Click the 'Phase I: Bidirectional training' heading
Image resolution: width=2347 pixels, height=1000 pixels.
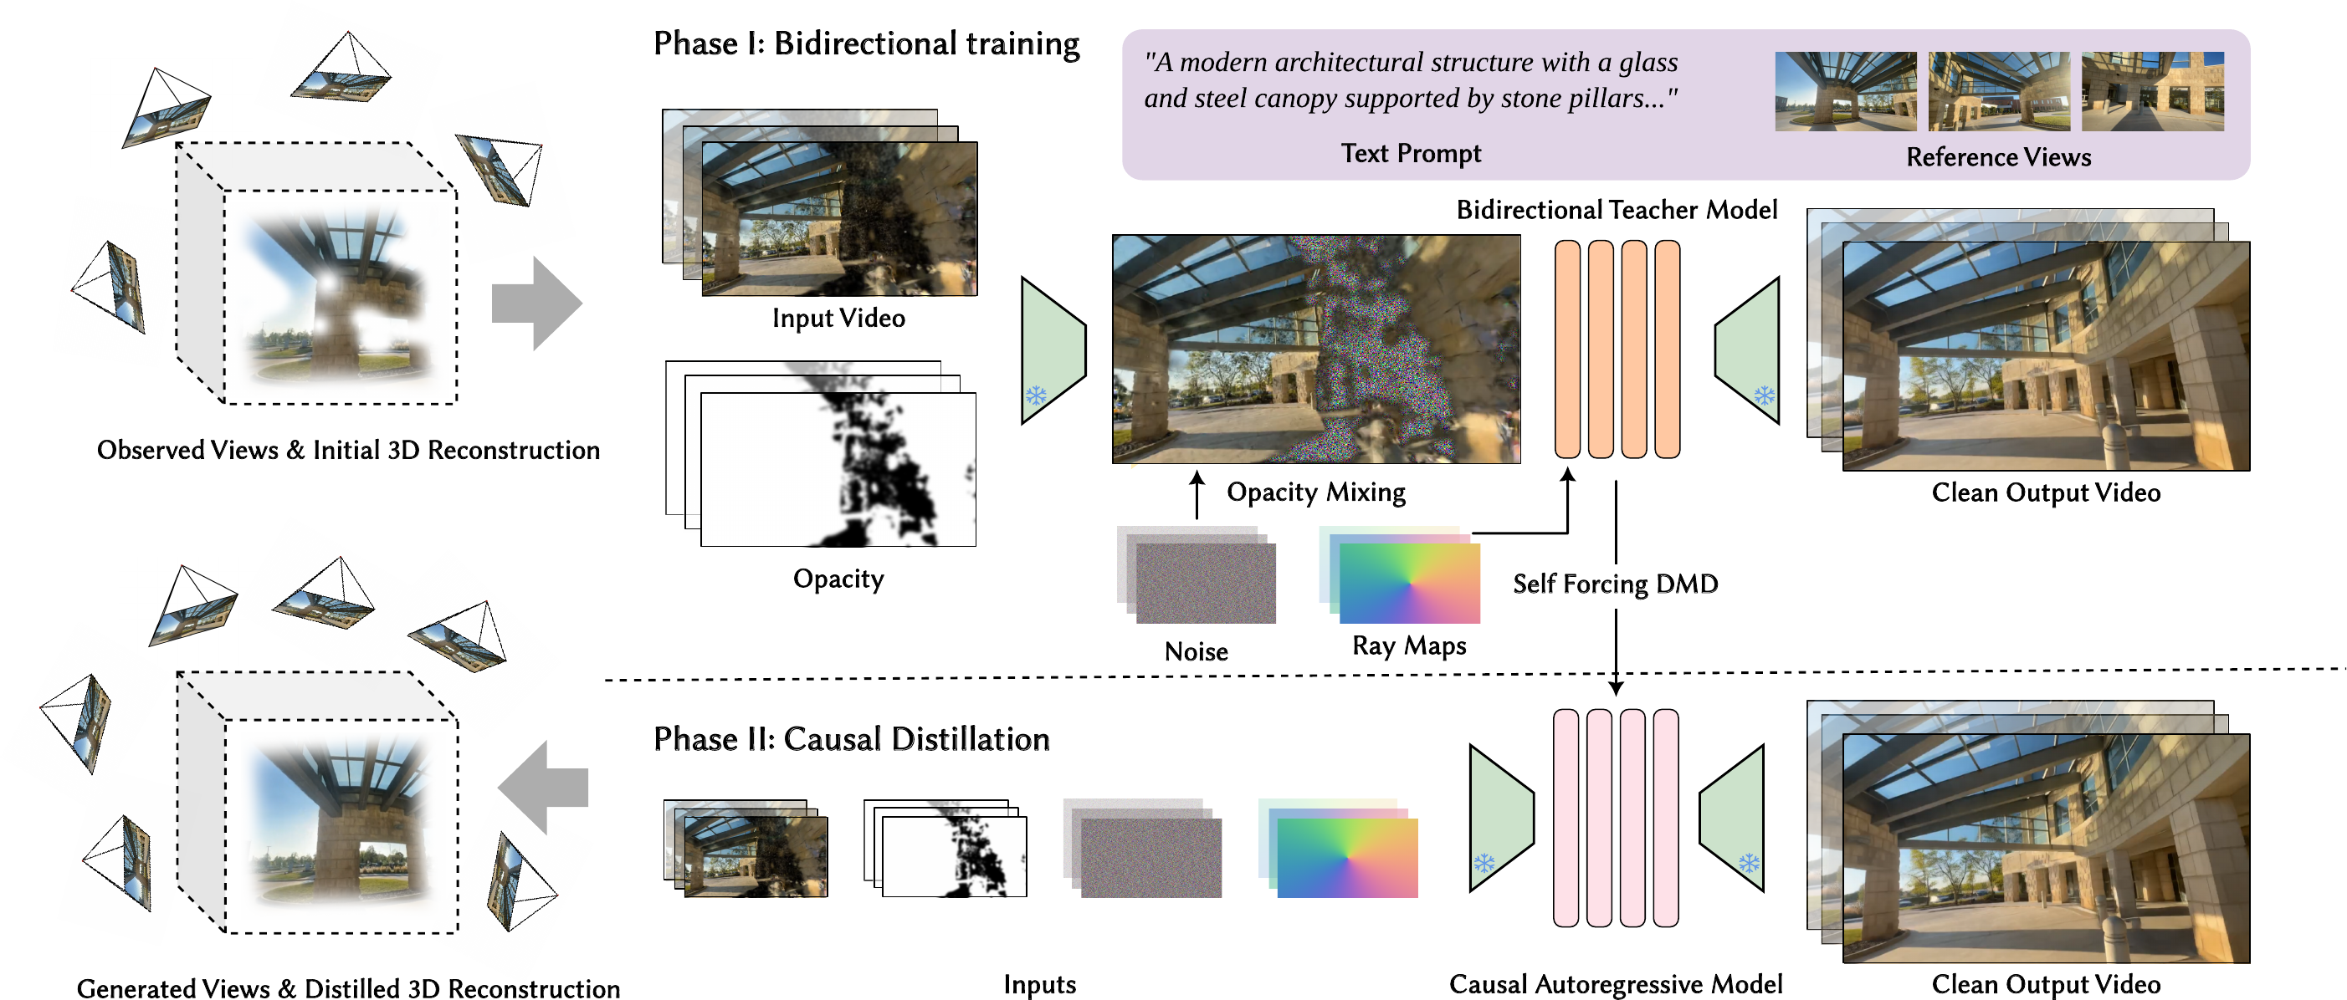click(865, 43)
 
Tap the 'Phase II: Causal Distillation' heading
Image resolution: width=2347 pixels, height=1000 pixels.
click(851, 738)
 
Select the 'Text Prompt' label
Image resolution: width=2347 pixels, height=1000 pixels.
click(1411, 153)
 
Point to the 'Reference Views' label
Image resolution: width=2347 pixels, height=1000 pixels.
click(1998, 157)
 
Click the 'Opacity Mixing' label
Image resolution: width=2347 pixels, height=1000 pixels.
click(1315, 492)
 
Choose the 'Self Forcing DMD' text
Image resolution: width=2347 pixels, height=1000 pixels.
click(1615, 584)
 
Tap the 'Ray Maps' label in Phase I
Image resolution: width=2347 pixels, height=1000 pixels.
click(1408, 645)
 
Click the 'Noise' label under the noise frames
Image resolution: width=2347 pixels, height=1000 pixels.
click(1196, 651)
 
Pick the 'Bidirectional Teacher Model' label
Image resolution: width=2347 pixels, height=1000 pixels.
click(1617, 211)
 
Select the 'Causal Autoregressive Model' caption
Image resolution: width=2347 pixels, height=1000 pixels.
click(1616, 984)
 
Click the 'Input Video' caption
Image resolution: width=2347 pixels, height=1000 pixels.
click(838, 318)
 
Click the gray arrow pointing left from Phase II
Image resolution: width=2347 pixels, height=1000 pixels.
click(544, 787)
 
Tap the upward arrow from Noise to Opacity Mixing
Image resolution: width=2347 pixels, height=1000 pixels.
click(1197, 494)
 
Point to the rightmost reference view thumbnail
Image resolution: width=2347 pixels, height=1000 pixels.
click(2152, 91)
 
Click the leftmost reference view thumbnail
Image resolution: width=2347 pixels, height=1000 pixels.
click(1845, 91)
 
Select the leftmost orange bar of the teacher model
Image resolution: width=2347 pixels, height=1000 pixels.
click(1567, 349)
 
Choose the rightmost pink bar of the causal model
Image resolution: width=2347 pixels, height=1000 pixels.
click(1666, 818)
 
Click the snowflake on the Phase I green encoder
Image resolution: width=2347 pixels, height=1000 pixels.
click(1036, 395)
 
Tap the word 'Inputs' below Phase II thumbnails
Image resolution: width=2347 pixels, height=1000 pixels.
click(1039, 984)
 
